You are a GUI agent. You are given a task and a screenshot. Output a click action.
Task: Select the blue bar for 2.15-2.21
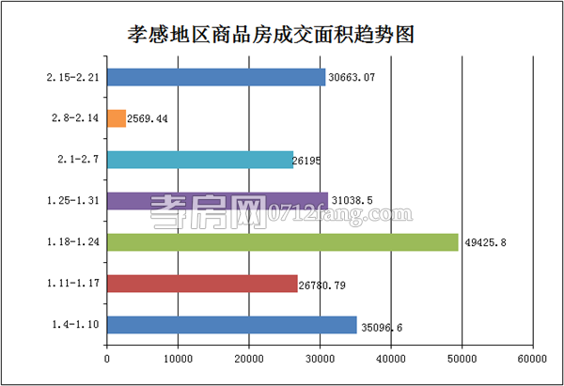(216, 77)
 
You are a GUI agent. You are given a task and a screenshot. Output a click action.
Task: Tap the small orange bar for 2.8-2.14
(117, 118)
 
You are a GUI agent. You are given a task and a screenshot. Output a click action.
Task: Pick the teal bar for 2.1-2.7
(200, 160)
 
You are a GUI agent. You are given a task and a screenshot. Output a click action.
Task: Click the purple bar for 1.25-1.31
(218, 200)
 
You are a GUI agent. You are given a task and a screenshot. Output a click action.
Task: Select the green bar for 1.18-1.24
(283, 241)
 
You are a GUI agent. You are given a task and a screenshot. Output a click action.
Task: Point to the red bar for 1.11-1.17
(202, 283)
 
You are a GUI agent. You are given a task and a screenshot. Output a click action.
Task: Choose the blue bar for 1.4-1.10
(232, 324)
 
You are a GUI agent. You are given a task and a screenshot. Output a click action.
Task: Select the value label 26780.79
(328, 284)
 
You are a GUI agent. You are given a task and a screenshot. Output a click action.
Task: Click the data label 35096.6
(384, 328)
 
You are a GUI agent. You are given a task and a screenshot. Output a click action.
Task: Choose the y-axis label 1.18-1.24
(72, 241)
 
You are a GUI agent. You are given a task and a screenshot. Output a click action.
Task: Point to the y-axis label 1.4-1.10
(75, 324)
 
